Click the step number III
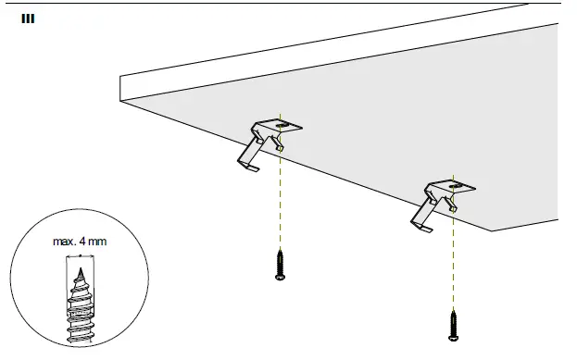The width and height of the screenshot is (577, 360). point(28,18)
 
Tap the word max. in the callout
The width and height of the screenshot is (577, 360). point(65,242)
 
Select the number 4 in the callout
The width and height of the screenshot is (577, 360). point(86,242)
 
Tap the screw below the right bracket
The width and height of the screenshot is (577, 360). point(453,325)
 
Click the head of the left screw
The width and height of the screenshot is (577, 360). point(280,275)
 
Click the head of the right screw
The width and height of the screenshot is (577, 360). point(453,337)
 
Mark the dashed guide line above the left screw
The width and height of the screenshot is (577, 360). point(281,204)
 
